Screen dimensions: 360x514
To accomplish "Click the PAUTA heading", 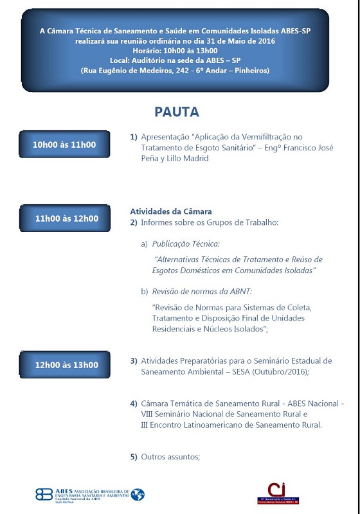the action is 177,112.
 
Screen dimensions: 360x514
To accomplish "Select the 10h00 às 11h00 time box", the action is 64,145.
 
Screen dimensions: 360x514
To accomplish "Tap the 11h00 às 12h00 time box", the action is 67,218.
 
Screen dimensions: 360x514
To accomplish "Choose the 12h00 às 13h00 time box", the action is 67,365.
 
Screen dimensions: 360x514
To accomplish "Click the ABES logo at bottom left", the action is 90,494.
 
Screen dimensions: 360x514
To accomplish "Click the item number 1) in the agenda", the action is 134,137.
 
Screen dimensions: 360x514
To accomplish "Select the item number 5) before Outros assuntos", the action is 134,457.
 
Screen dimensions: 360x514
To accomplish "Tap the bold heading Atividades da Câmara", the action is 171,211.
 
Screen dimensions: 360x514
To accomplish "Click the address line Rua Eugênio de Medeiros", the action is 175,70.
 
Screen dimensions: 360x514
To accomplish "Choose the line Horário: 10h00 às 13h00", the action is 175,50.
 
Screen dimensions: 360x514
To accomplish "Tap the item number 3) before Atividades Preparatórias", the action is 134,361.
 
